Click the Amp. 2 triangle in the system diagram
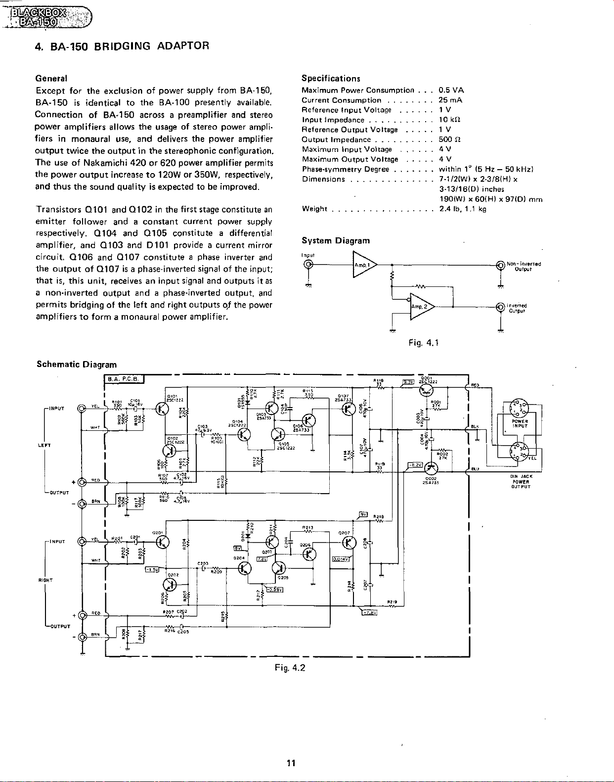point(420,307)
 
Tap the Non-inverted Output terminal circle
point(501,266)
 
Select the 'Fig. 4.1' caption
point(423,343)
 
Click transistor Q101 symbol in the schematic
point(162,408)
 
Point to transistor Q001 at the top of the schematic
point(426,390)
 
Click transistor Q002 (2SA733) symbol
point(432,467)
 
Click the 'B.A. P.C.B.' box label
point(124,379)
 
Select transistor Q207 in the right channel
point(349,543)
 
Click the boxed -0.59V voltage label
point(274,589)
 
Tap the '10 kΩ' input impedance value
point(449,120)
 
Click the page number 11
point(291,763)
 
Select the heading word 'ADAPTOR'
point(183,46)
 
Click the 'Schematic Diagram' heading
point(77,365)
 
